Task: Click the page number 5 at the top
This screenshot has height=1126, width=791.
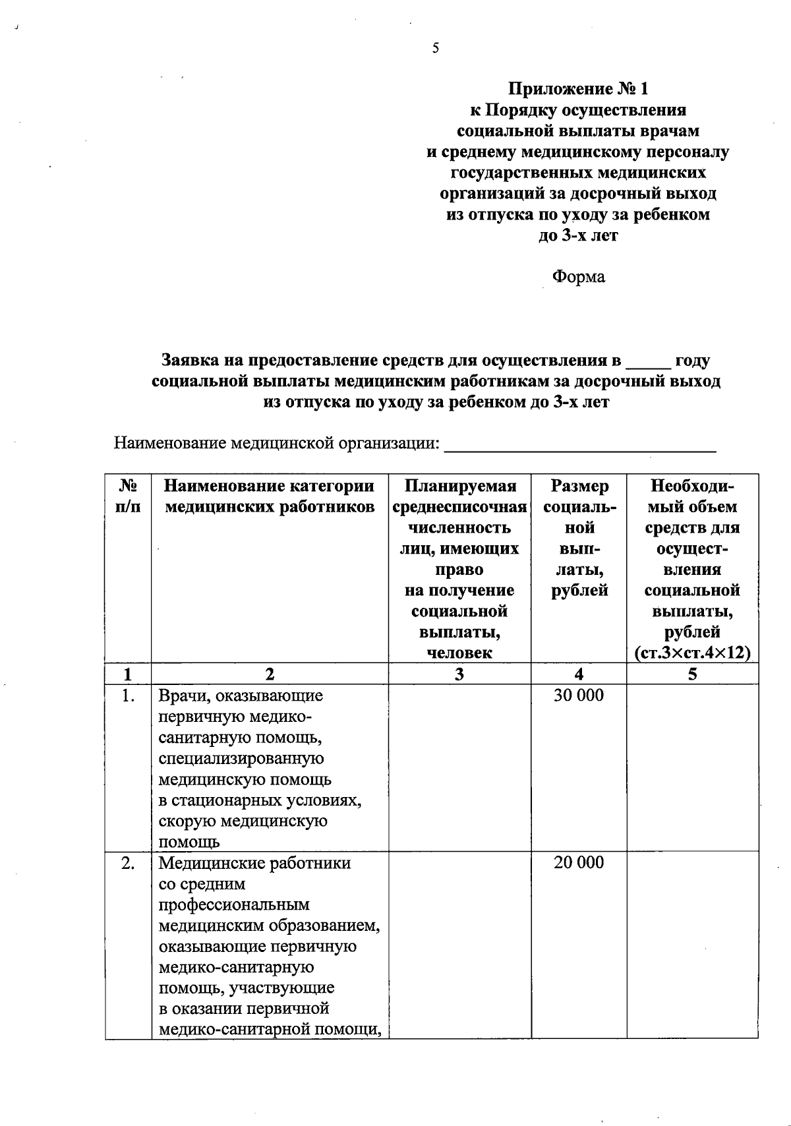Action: click(435, 48)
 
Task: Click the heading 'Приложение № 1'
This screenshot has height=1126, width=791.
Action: click(578, 88)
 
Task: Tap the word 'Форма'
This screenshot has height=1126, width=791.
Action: click(578, 277)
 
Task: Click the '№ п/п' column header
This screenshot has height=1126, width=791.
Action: click(128, 496)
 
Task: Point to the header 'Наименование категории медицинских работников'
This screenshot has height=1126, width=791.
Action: click(269, 496)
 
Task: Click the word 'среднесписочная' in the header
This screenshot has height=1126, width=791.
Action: click(459, 507)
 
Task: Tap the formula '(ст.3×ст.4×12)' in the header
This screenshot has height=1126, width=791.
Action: click(692, 653)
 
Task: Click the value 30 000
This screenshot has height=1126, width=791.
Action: click(578, 696)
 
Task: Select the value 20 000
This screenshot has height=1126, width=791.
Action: click(578, 863)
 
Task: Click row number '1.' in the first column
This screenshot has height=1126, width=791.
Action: click(128, 696)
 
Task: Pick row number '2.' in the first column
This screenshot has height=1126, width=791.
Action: click(128, 863)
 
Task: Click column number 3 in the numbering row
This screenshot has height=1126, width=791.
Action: click(459, 674)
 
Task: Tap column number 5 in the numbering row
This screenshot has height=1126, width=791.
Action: click(692, 674)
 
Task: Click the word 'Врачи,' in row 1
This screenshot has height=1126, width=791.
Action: click(181, 696)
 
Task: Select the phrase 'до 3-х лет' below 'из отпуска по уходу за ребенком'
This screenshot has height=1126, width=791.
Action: click(578, 235)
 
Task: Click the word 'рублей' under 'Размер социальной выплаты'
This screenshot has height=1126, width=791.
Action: click(578, 591)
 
